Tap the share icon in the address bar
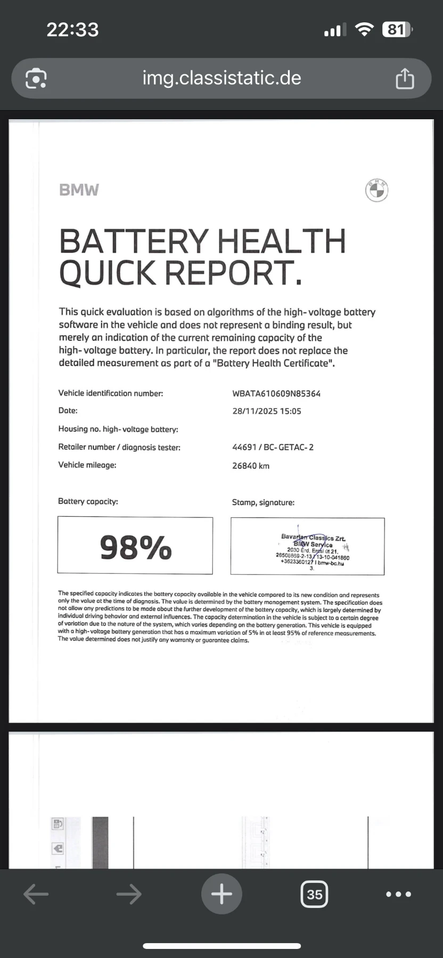coord(405,79)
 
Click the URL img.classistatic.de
coord(222,78)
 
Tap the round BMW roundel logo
coord(376,190)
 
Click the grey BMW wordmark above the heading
coord(79,190)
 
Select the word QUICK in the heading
coord(107,273)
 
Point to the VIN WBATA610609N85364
coord(276,394)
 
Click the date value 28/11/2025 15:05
coord(267,411)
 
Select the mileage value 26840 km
coord(251,466)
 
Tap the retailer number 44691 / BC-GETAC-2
coord(273,447)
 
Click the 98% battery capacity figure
coord(136,547)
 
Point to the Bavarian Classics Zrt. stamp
coord(313,547)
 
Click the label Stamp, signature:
coord(263,502)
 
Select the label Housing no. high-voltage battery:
coord(118,429)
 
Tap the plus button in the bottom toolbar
coord(222,894)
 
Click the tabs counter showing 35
coord(314,894)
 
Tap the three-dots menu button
coord(398,894)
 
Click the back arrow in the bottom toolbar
coord(36,894)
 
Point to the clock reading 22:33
coord(72,29)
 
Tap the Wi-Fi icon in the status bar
coord(364,30)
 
